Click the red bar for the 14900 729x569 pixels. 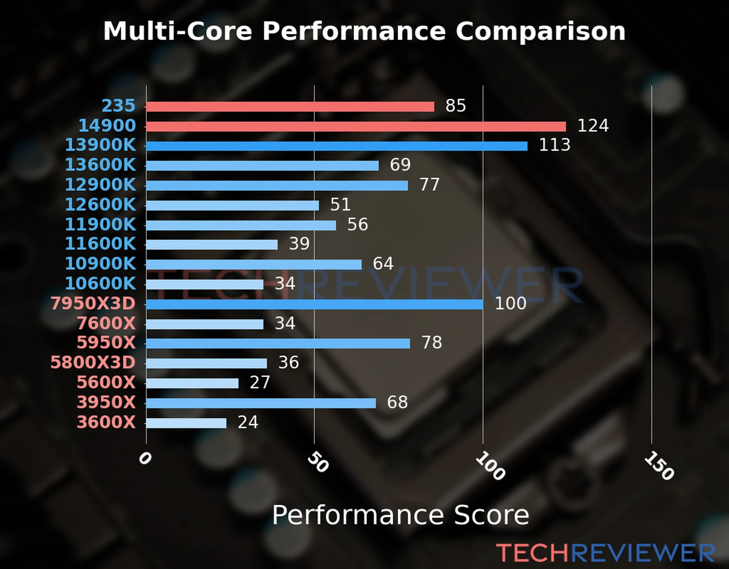(356, 127)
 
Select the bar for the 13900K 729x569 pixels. (336, 146)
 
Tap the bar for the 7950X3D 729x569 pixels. (315, 304)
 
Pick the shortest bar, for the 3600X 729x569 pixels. (186, 423)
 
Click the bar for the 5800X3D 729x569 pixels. (206, 363)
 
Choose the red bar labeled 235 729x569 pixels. (290, 107)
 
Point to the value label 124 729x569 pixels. (593, 126)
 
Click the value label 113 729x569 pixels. (554, 145)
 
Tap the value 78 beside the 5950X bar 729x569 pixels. (431, 342)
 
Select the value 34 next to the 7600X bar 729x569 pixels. (285, 323)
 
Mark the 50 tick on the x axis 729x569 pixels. (318, 462)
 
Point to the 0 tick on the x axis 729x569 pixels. (145, 459)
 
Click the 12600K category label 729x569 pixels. (100, 205)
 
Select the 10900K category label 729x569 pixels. (100, 264)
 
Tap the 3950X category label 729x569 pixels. (106, 403)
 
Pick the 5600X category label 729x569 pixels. (106, 383)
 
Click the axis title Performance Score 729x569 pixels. (400, 515)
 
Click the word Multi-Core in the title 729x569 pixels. (178, 31)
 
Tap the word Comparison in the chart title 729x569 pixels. (540, 31)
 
